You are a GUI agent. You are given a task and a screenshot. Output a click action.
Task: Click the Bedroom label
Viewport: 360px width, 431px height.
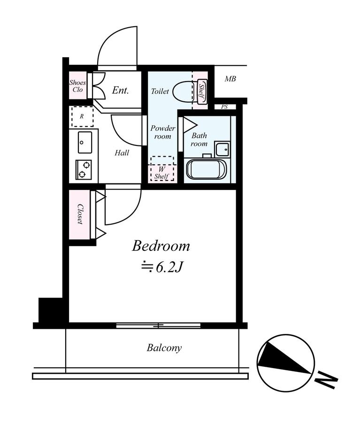coord(161,246)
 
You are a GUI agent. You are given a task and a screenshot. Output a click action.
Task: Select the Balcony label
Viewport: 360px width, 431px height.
coord(164,348)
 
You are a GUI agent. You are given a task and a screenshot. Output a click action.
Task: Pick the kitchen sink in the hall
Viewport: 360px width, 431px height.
coord(84,143)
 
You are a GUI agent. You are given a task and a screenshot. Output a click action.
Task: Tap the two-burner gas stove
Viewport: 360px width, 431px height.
coord(84,170)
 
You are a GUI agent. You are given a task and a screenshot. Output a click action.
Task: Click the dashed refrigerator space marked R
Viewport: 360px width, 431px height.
coord(82,117)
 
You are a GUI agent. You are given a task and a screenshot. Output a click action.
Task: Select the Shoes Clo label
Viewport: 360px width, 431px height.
coord(77,86)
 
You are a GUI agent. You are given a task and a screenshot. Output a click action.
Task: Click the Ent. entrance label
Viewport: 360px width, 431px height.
coord(121,90)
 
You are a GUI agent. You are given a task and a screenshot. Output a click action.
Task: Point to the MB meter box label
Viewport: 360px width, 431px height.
coord(230,79)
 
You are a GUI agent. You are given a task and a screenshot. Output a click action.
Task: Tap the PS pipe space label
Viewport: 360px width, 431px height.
coord(224,106)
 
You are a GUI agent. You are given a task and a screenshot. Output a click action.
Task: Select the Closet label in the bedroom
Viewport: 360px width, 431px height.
coord(80,214)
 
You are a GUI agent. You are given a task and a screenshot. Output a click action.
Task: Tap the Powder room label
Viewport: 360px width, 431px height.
coord(162,132)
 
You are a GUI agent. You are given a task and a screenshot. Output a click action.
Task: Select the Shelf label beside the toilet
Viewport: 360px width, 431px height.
coord(201,91)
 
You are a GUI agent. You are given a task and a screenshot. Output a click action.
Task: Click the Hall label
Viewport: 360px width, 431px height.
coord(122,153)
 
